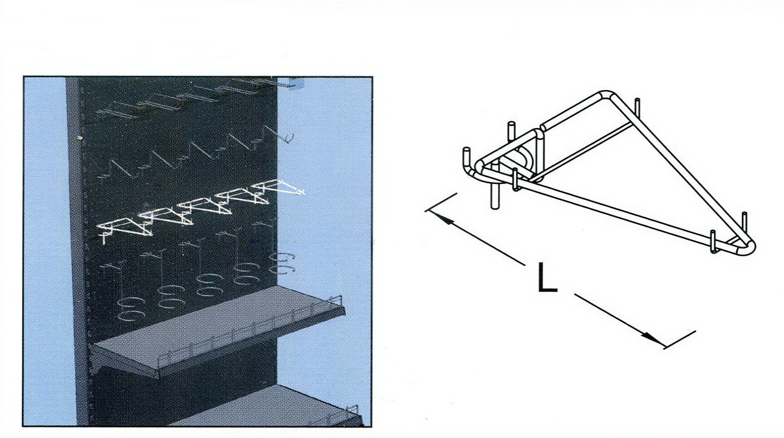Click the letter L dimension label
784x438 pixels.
(547, 278)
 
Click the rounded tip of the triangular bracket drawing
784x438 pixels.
(748, 247)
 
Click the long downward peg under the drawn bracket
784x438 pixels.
(494, 189)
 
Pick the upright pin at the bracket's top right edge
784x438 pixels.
(637, 107)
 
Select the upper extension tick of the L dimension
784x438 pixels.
(440, 203)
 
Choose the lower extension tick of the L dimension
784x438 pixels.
(679, 340)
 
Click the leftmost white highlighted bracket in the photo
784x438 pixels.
(124, 227)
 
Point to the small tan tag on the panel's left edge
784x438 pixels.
(80, 138)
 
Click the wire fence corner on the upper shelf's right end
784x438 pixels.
(336, 300)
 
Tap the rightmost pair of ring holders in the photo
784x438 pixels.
(282, 263)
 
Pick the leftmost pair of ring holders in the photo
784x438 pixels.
(131, 309)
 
